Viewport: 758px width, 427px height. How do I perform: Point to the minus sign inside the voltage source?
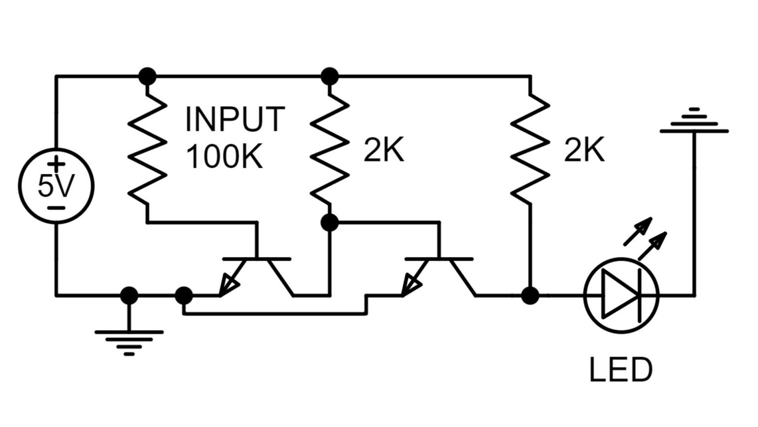56,208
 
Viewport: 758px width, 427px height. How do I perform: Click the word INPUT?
235,119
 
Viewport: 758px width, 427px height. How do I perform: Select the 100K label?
224,157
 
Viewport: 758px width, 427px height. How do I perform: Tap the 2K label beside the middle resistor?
383,150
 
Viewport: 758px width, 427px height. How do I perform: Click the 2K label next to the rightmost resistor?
584,150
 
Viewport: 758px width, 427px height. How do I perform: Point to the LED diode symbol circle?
621,296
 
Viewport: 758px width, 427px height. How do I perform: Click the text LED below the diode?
620,370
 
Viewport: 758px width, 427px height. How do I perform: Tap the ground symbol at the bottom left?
129,340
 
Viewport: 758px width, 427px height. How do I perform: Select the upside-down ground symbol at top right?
694,121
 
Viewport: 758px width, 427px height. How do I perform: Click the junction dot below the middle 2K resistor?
330,223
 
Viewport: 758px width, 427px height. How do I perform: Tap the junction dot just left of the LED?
530,296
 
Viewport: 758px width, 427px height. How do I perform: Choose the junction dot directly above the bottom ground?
129,296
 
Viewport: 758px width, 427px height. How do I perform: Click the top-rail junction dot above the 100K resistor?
147,77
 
